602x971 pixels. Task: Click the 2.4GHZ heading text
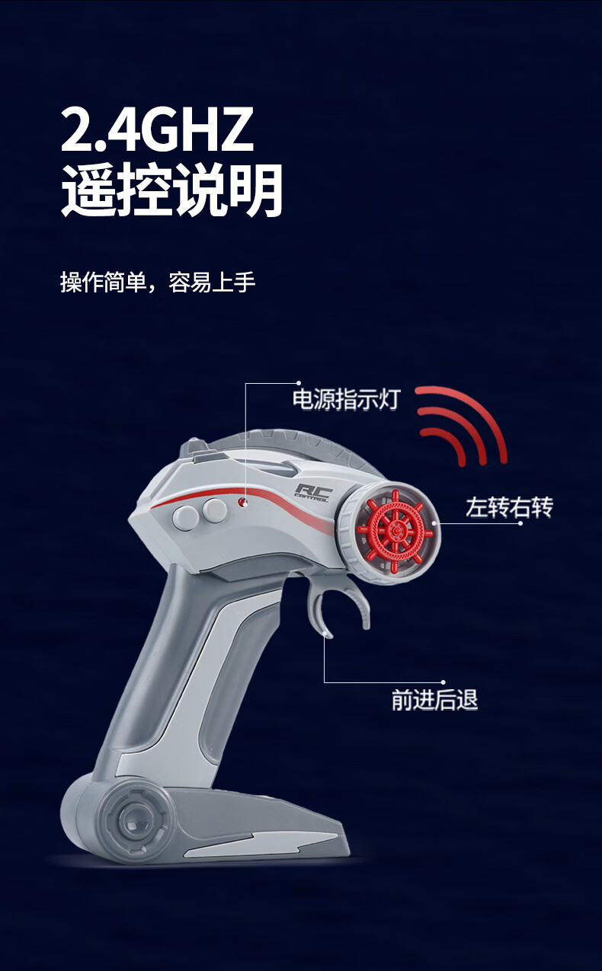[x=157, y=129]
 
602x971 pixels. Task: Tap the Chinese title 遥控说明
[x=171, y=190]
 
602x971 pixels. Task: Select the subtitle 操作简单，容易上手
[x=158, y=283]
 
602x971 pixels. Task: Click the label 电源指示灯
[x=346, y=399]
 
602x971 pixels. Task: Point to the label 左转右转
[x=509, y=507]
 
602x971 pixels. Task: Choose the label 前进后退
[x=434, y=700]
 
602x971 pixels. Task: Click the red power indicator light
[x=242, y=502]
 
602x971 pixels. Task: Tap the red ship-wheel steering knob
[x=394, y=531]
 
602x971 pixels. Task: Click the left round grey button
[x=185, y=517]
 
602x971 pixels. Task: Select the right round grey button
[x=214, y=510]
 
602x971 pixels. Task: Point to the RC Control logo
[x=313, y=493]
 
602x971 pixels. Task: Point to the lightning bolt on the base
[x=260, y=842]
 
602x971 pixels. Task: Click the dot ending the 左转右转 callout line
[x=520, y=523]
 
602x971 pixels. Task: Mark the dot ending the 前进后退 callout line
[x=443, y=682]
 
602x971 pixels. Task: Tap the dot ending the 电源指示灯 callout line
[x=299, y=383]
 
